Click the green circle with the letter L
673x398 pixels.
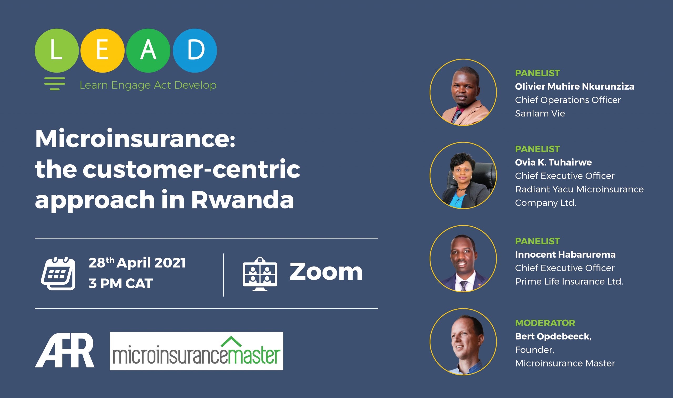(57, 51)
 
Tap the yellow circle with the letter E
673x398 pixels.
(103, 51)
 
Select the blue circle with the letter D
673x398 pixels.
(195, 51)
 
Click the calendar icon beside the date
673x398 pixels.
(58, 273)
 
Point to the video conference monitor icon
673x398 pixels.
(260, 274)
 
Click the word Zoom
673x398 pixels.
(326, 272)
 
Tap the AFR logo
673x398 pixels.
(65, 350)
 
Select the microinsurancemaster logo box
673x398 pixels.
(197, 351)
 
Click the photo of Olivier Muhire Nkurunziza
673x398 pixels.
(463, 92)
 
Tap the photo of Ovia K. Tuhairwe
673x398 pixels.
(463, 175)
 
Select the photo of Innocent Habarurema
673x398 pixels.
(463, 258)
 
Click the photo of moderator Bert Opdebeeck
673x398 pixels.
(463, 342)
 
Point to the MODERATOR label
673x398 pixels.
(545, 323)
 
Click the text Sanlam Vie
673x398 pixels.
(540, 114)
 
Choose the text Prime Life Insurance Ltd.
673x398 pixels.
(569, 282)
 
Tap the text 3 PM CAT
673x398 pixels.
(121, 283)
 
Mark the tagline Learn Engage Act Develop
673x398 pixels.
(148, 85)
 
